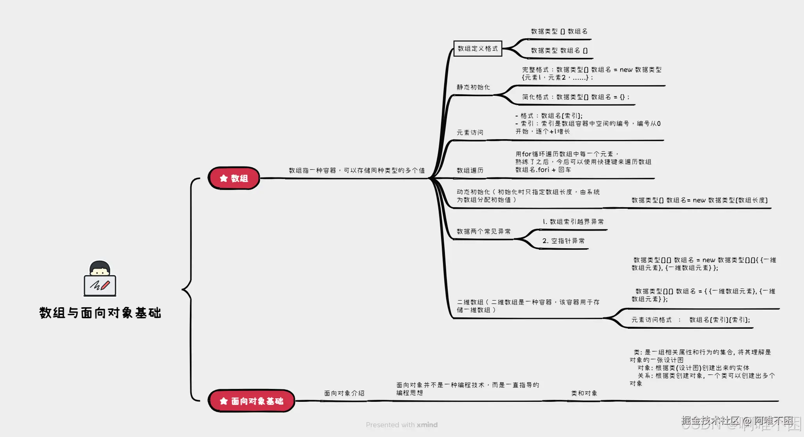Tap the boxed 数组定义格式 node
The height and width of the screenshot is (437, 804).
[477, 48]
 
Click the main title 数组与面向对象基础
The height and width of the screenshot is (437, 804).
[100, 313]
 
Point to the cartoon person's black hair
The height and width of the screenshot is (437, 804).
[100, 265]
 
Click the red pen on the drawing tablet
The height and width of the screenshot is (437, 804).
[105, 285]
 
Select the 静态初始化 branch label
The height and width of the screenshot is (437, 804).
[473, 87]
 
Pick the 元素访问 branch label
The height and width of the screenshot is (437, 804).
[470, 133]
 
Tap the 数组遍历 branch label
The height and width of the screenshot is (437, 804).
[470, 170]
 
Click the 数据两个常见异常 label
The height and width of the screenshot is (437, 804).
[484, 231]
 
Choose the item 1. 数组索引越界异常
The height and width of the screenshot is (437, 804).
[573, 222]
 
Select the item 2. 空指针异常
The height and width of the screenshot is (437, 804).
[563, 241]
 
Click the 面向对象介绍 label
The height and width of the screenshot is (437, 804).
[344, 393]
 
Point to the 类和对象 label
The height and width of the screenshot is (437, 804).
[584, 393]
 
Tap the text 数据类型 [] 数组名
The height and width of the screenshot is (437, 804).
[559, 31]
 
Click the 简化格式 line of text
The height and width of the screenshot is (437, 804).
[575, 97]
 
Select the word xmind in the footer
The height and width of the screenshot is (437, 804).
[427, 425]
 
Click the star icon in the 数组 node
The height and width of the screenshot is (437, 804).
[223, 178]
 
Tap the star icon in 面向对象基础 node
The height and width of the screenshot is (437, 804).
[223, 401]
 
